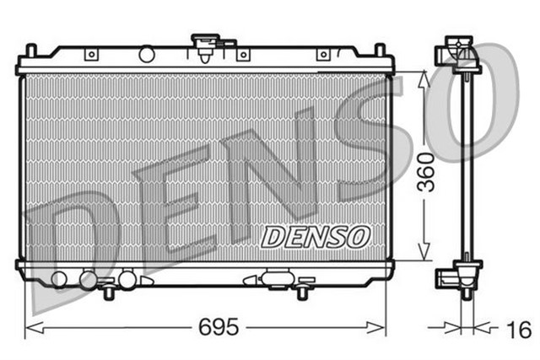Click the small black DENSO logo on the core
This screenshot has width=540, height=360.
313,237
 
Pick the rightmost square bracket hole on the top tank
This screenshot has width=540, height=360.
321,55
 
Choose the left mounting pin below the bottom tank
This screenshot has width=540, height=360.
109,292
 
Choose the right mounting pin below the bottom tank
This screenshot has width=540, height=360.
302,292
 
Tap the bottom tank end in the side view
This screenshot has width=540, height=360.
456,277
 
